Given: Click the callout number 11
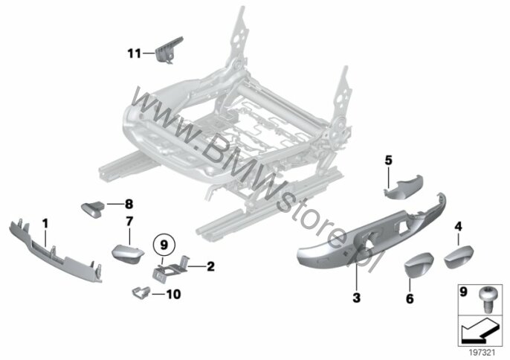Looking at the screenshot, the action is click(x=134, y=53).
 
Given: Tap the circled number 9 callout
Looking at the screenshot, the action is click(x=164, y=245).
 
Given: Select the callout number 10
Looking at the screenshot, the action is click(x=173, y=295).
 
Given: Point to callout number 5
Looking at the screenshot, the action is click(x=388, y=160).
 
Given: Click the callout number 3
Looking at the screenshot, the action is click(x=357, y=298).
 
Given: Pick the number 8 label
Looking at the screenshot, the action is click(x=129, y=205).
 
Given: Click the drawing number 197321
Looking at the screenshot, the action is click(x=482, y=353).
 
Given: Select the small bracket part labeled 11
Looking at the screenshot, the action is click(x=168, y=50).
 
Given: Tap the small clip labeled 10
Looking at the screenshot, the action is click(x=141, y=292).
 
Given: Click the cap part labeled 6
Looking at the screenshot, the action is click(x=419, y=266).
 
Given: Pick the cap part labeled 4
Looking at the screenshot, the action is click(x=459, y=257).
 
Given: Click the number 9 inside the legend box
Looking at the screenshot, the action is click(x=463, y=292).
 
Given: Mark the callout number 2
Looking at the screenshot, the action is click(x=211, y=266).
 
